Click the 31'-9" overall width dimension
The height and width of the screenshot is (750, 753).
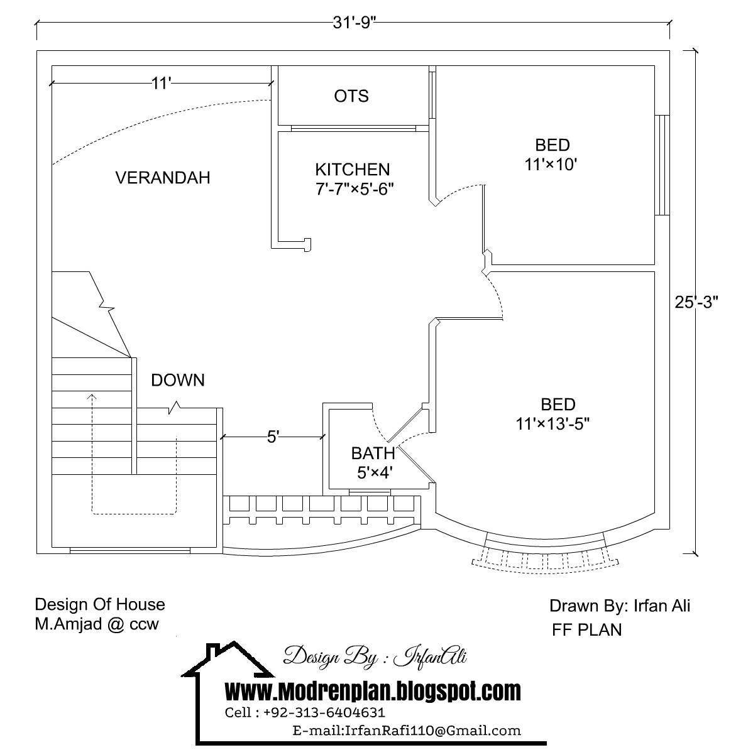pyautogui.click(x=354, y=22)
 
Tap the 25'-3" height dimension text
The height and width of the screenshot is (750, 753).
pyautogui.click(x=696, y=302)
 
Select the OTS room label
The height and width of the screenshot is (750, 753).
pyautogui.click(x=351, y=96)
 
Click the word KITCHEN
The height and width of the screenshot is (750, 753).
pyautogui.click(x=353, y=170)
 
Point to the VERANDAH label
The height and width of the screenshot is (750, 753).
pyautogui.click(x=163, y=178)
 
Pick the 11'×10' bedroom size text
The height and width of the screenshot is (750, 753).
pyautogui.click(x=551, y=165)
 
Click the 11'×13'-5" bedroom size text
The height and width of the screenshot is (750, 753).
pyautogui.click(x=552, y=424)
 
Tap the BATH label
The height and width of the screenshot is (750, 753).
pyautogui.click(x=373, y=453)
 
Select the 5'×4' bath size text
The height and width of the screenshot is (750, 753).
pyautogui.click(x=375, y=473)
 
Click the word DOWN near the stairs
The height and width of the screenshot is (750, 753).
pyautogui.click(x=178, y=380)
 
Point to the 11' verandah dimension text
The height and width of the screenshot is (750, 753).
pyautogui.click(x=162, y=84)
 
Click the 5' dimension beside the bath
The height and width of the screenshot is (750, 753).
pyautogui.click(x=273, y=437)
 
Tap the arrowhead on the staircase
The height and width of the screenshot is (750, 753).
pyautogui.click(x=92, y=397)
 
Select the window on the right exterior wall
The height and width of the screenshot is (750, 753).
pyautogui.click(x=662, y=165)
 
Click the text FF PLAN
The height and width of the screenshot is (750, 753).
pyautogui.click(x=587, y=629)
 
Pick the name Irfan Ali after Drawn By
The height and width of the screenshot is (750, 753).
pyautogui.click(x=662, y=606)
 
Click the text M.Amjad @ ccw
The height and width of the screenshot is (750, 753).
pyautogui.click(x=97, y=624)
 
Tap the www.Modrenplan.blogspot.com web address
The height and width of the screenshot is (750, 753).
pyautogui.click(x=373, y=692)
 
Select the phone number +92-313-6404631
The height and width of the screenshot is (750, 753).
pyautogui.click(x=324, y=712)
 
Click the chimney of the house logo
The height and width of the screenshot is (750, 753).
pyautogui.click(x=212, y=651)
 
